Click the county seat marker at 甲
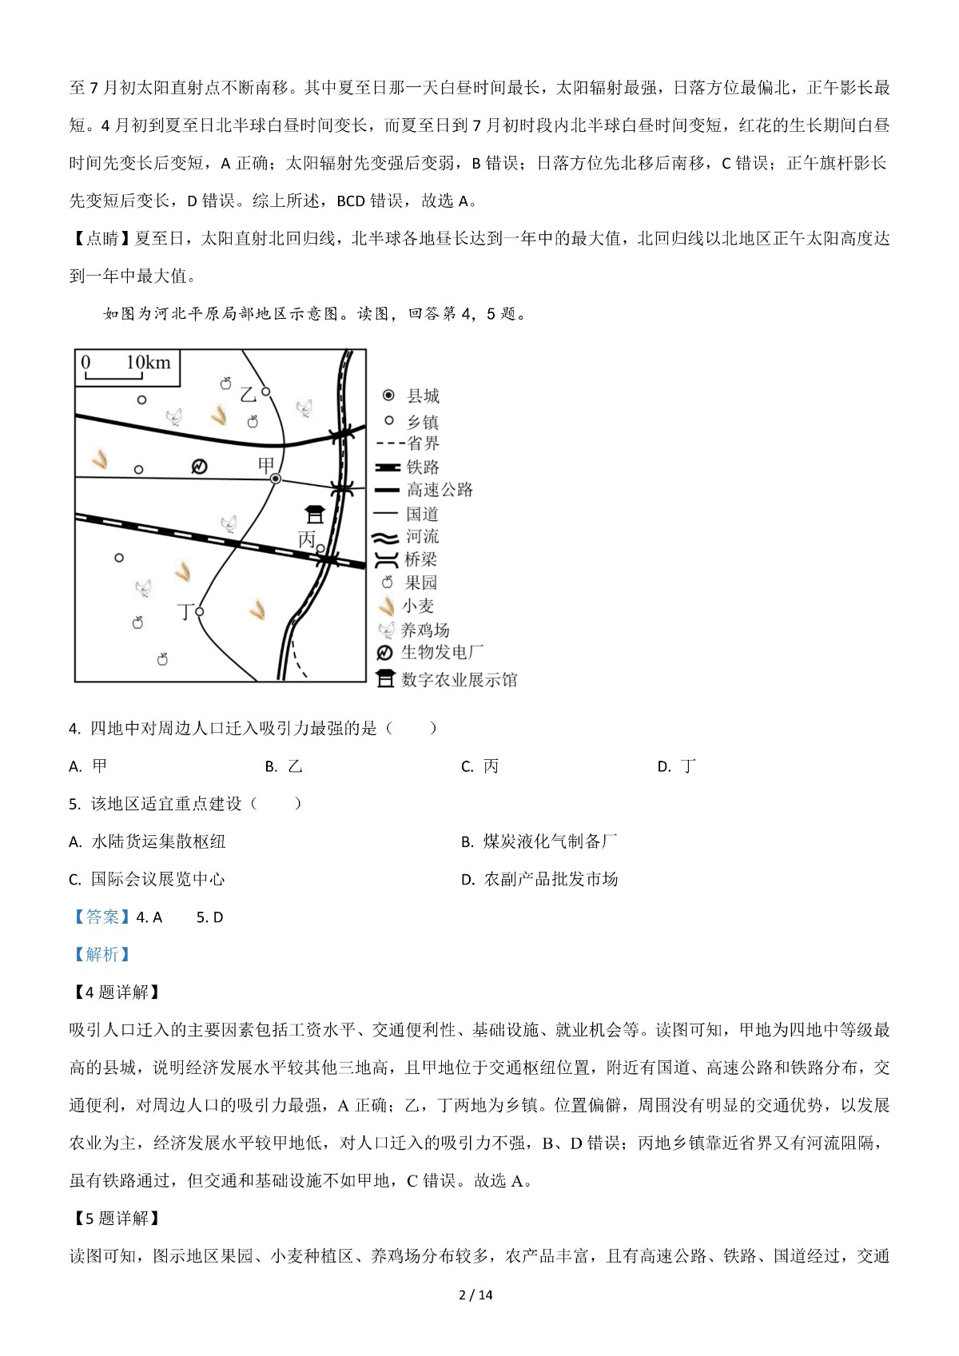click(x=276, y=478)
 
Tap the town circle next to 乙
click(x=266, y=392)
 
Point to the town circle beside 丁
click(x=200, y=611)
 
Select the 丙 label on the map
click(x=307, y=540)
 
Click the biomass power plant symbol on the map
click(x=199, y=466)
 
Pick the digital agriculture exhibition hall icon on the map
click(x=315, y=513)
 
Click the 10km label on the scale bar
click(x=148, y=363)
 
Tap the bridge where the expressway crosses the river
click(x=344, y=433)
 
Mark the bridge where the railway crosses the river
click(x=328, y=559)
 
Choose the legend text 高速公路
click(x=440, y=489)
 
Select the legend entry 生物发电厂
click(x=442, y=652)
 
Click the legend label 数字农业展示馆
click(x=459, y=679)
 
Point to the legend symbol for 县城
click(x=388, y=396)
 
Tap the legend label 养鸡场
click(x=425, y=630)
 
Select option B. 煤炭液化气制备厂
click(x=540, y=841)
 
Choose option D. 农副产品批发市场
click(x=540, y=879)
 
